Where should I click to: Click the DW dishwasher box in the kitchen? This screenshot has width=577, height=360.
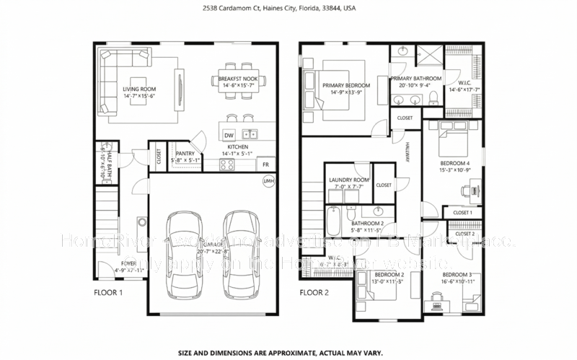229,135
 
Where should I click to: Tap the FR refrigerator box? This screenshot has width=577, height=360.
267,164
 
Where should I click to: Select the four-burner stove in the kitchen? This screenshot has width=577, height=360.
228,164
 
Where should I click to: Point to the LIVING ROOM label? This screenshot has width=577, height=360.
139,89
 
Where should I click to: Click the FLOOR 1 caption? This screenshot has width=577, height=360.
109,294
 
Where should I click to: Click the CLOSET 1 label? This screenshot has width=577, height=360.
462,212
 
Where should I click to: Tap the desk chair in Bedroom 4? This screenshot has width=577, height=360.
464,191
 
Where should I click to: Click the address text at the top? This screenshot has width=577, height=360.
288,10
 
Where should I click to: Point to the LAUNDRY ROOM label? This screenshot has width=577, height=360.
349,180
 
